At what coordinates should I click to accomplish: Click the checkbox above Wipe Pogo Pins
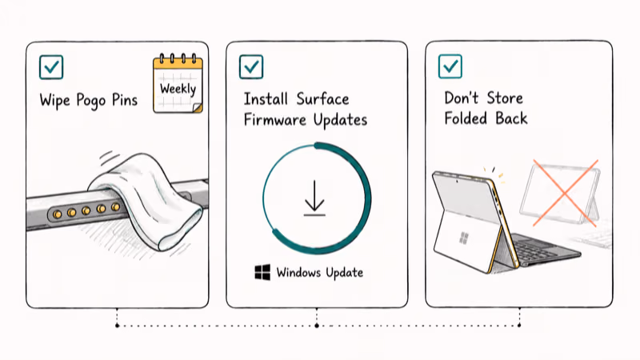click(x=51, y=67)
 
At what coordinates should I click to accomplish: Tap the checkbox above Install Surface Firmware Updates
click(x=251, y=66)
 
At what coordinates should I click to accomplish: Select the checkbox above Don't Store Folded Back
click(x=450, y=66)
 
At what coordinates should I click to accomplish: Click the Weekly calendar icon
click(x=178, y=83)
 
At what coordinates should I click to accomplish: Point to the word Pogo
click(x=91, y=101)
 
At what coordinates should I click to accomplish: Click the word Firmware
click(x=274, y=119)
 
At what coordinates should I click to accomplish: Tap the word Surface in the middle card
click(x=322, y=98)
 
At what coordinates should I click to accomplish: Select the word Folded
click(x=466, y=118)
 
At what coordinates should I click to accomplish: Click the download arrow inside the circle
click(x=314, y=198)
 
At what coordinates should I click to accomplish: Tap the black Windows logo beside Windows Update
click(x=262, y=272)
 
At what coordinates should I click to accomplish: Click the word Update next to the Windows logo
click(x=345, y=273)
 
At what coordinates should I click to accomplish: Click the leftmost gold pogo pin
click(x=57, y=214)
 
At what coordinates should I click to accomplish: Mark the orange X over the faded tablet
click(x=566, y=193)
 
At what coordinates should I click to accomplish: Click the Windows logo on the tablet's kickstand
click(x=463, y=238)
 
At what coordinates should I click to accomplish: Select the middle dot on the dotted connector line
click(x=317, y=326)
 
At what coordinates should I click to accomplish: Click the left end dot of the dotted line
click(x=117, y=326)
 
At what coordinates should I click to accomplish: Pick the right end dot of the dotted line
click(x=519, y=326)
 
